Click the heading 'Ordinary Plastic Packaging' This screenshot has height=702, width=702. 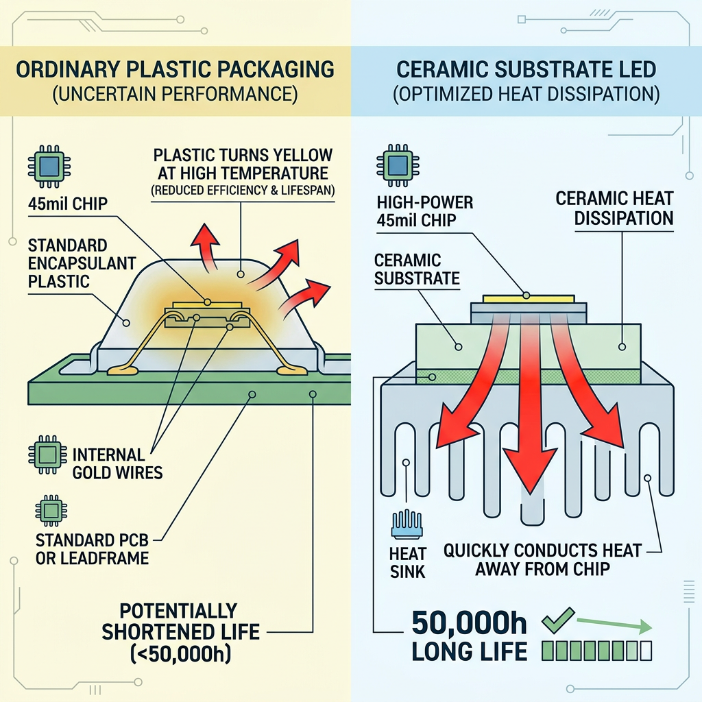[x=175, y=70]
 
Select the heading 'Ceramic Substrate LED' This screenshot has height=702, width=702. [x=526, y=70]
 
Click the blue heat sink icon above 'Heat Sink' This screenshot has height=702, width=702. [x=409, y=523]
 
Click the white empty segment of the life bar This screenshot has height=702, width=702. [x=644, y=649]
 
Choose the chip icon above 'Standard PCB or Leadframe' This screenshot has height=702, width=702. [x=49, y=511]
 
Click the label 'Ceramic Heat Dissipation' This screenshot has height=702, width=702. [x=615, y=208]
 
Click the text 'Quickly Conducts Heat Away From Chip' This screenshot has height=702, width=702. [x=542, y=559]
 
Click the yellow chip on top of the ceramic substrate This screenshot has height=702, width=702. [x=527, y=298]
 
